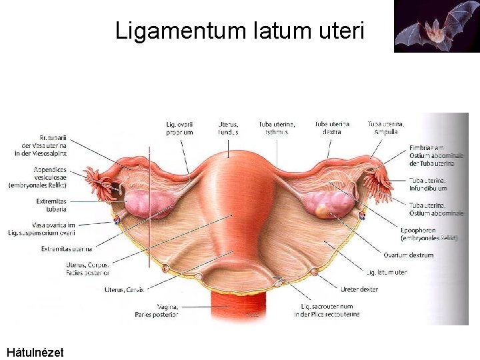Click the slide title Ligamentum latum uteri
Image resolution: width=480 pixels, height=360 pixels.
click(x=239, y=31)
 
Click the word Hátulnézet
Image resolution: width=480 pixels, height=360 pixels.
click(x=35, y=351)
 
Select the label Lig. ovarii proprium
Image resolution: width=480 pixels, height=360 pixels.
click(x=179, y=128)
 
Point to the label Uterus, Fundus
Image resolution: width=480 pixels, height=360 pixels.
click(x=228, y=128)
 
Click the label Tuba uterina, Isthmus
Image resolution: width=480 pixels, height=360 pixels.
click(x=276, y=128)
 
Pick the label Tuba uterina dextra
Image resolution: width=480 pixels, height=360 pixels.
click(x=331, y=128)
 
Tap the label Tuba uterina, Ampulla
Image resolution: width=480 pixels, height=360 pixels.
click(x=385, y=128)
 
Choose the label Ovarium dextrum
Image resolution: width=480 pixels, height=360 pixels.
click(x=408, y=255)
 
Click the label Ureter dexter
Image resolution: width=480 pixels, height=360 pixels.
click(x=359, y=289)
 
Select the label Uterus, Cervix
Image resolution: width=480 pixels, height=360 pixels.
click(x=124, y=289)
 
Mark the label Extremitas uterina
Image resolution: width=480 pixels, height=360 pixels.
click(x=67, y=249)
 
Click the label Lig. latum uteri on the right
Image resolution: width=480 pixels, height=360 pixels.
click(x=387, y=272)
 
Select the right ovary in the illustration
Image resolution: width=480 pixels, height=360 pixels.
click(x=329, y=203)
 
